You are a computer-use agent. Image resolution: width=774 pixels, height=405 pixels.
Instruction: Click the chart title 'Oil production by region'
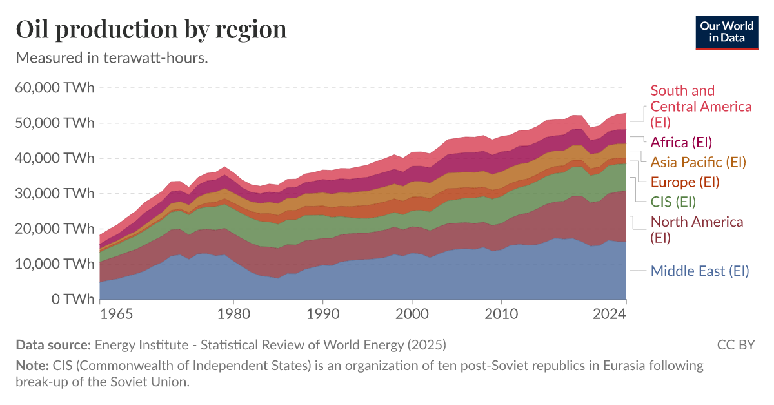pos(151,30)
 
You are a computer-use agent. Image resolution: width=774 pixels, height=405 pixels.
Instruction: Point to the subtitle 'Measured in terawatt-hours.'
pos(111,57)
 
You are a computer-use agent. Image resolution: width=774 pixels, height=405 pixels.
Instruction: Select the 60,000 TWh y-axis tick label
pos(54,87)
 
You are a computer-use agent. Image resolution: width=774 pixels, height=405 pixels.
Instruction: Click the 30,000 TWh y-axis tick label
pos(54,193)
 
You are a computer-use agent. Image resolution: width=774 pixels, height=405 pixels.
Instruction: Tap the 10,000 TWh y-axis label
pos(54,264)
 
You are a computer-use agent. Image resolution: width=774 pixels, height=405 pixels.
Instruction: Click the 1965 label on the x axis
pos(116,315)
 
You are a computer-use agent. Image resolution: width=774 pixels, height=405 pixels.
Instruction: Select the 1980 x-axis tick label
pos(233,315)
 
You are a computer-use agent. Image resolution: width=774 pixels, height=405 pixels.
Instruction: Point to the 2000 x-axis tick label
pos(412,315)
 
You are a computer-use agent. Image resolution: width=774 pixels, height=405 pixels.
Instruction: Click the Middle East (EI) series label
pos(700,271)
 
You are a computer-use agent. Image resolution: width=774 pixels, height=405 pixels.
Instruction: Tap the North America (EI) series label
pos(697,229)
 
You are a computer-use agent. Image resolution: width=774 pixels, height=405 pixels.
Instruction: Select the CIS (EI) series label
pos(673,202)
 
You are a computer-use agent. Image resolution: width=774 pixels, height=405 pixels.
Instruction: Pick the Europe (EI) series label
pos(684,182)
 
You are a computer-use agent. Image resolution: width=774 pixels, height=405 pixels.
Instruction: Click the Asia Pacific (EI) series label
pos(698,161)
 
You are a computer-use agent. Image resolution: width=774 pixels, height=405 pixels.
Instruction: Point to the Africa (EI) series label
pos(681,142)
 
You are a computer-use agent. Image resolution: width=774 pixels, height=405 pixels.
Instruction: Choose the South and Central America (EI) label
pos(700,106)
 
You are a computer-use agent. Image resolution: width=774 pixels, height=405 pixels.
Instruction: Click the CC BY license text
pos(735,344)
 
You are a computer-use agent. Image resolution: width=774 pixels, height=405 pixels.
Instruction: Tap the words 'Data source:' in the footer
pos(54,344)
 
